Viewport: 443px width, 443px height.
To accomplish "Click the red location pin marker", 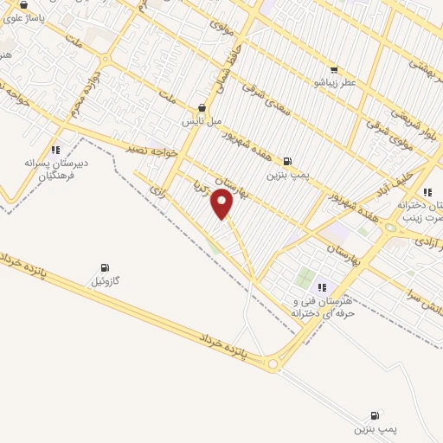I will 222,205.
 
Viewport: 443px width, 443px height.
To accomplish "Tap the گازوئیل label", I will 110,282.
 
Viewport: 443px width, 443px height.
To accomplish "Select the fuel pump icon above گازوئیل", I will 106,267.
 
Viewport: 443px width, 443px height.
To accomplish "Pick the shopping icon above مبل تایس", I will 201,108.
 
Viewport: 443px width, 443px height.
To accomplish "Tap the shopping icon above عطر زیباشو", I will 334,70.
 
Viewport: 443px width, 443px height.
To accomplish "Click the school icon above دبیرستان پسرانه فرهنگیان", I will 55,150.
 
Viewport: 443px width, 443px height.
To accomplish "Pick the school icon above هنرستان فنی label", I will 322,287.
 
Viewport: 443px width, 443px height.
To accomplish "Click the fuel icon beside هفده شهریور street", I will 287,160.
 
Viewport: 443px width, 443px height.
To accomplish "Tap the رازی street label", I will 157,185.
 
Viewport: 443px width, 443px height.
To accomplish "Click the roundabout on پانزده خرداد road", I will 273,364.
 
